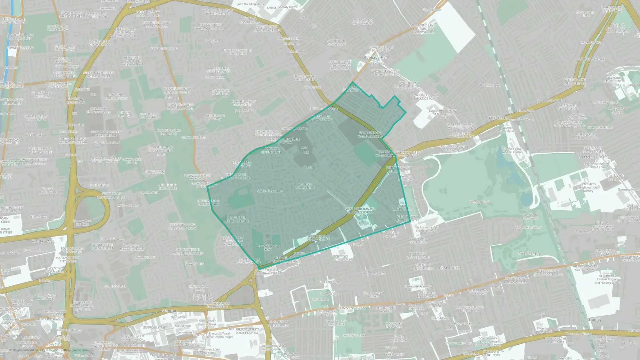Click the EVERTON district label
pyautogui.click(x=155, y=172)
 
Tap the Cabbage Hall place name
pyautogui.click(x=376, y=58)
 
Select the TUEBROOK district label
pyautogui.click(x=500, y=118)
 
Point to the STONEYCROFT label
pyautogui.click(x=594, y=157)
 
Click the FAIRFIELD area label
pyautogui.click(x=529, y=254)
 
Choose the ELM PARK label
pyautogui.click(x=449, y=268)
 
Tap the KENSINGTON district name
pyautogui.click(x=351, y=308)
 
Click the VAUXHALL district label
pyautogui.click(x=44, y=241)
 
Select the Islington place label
pyautogui.click(x=169, y=311)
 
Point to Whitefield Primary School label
pyautogui.click(x=305, y=186)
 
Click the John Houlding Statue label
pyautogui.click(x=251, y=4)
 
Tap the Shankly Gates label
pyautogui.click(x=287, y=7)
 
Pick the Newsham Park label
pyautogui.click(x=479, y=202)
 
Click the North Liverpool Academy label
pyautogui.click(x=215, y=117)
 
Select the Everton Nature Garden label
pyautogui.click(x=132, y=161)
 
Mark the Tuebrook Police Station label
pyautogui.click(x=507, y=129)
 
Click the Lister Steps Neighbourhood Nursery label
pyautogui.click(x=588, y=188)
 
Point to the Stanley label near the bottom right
pyautogui.click(x=595, y=319)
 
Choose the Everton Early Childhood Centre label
pyautogui.click(x=237, y=219)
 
